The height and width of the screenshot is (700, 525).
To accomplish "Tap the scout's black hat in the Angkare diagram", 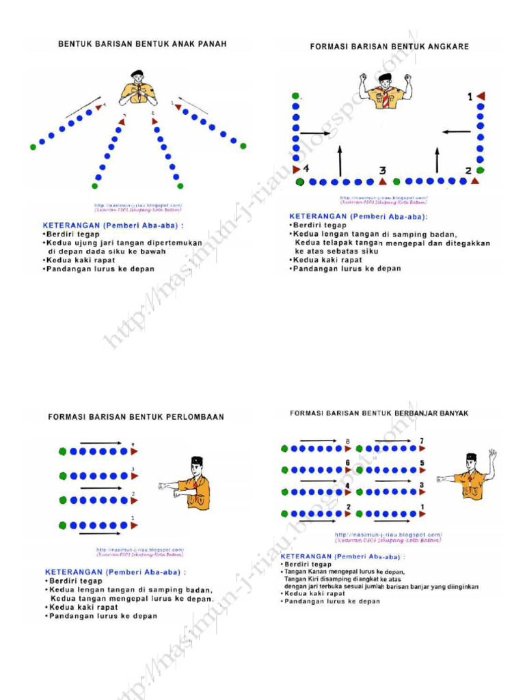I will click(x=385, y=77).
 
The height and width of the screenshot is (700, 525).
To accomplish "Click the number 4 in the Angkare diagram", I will click(x=306, y=168).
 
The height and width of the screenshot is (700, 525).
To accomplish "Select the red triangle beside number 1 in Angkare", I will click(x=481, y=96).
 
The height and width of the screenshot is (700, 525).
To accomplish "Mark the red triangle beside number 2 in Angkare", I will click(x=475, y=181).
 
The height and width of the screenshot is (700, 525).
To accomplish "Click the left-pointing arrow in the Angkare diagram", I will click(x=455, y=132).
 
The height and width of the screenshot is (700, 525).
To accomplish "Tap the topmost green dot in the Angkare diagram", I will click(x=295, y=96).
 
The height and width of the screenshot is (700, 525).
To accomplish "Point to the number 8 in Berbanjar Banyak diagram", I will click(x=348, y=442).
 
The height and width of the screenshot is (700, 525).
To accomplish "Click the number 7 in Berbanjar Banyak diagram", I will click(x=422, y=441).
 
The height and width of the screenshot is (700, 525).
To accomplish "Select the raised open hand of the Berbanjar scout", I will click(x=492, y=453).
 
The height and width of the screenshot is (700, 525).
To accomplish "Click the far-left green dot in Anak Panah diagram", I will click(x=33, y=146).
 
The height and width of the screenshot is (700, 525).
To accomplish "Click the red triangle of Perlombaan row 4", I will click(x=134, y=451).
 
